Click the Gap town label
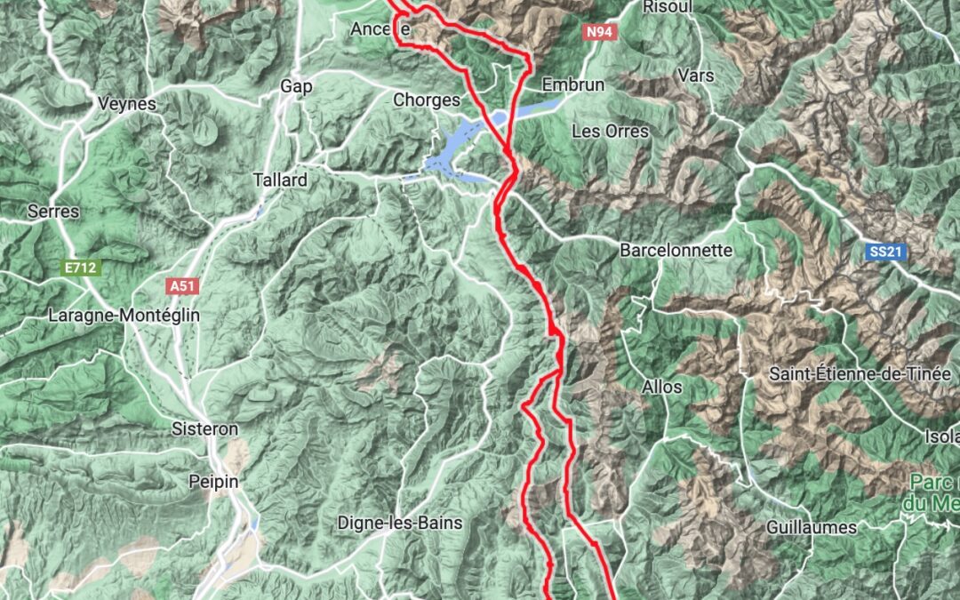coord(296,86)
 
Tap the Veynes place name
coord(127,104)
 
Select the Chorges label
coord(427,100)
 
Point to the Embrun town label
coord(572,85)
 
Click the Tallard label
coord(280,180)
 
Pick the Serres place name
coord(53,212)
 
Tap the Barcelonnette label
coord(676,250)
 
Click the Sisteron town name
coord(204,429)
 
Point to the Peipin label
coord(209,482)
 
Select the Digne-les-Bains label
coord(400,523)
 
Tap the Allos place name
coord(662,387)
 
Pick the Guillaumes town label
coord(812,527)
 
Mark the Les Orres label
coord(610,131)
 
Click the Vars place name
coord(695,76)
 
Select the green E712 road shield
coord(81,266)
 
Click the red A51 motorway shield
coord(181,286)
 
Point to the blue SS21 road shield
coord(885,252)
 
